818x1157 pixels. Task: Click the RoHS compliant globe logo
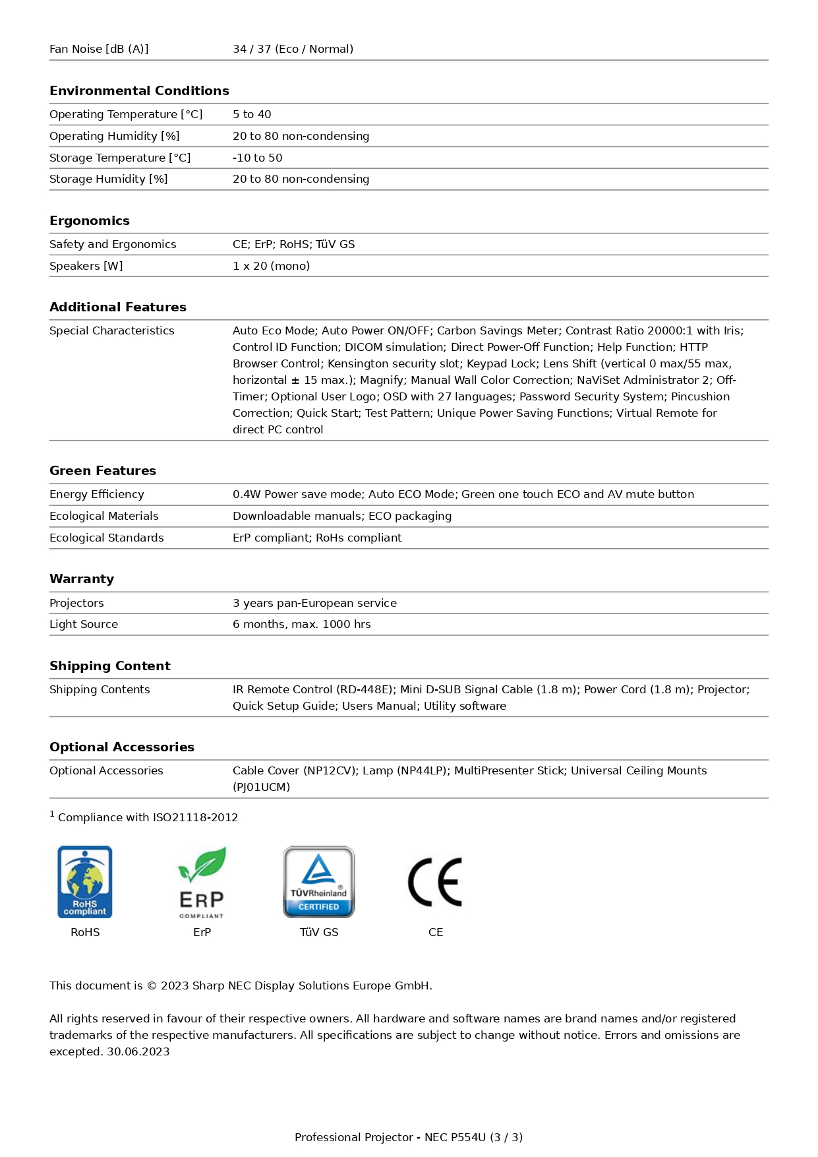(x=85, y=882)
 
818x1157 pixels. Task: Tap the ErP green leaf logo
(x=202, y=882)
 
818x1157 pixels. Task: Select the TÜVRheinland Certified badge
(x=319, y=882)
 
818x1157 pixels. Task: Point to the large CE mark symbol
(x=435, y=882)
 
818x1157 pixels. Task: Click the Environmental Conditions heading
(x=139, y=91)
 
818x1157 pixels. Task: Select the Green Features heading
(x=103, y=471)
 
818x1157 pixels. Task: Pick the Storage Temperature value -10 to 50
(x=258, y=158)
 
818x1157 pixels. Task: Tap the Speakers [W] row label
(x=86, y=266)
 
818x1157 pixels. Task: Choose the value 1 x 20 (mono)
(x=271, y=266)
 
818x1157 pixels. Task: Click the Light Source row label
(x=84, y=624)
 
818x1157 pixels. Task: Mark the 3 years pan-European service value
(x=314, y=603)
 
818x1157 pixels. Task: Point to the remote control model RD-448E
(x=366, y=689)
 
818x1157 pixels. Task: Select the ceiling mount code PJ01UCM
(x=262, y=787)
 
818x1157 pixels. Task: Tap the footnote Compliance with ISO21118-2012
(x=148, y=817)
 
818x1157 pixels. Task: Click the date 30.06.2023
(x=138, y=1051)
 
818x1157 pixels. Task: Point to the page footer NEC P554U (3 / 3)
(x=473, y=1137)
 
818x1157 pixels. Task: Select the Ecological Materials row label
(x=104, y=516)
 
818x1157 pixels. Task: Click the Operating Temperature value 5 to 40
(x=252, y=114)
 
